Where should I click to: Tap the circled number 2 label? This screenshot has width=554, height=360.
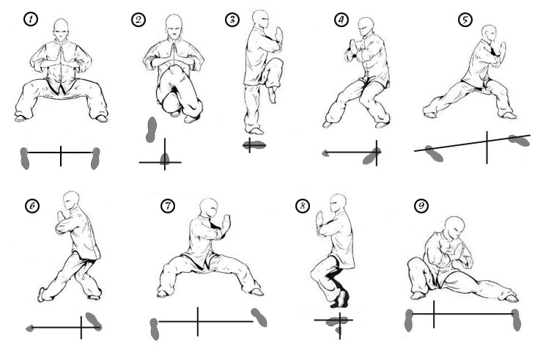click(139, 20)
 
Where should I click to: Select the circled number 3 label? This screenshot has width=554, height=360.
click(232, 20)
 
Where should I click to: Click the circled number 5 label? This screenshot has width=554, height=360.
click(465, 20)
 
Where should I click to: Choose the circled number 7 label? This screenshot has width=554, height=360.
click(168, 206)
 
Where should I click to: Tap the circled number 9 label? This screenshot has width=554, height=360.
click(421, 206)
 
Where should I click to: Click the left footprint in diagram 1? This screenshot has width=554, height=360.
click(26, 158)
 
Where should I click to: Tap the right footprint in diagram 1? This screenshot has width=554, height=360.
click(95, 158)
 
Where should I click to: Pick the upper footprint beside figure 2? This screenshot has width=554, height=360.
click(152, 128)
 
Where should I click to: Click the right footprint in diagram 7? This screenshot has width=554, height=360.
click(259, 317)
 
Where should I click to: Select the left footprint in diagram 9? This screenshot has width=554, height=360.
click(410, 320)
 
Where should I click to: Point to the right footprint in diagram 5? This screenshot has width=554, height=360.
click(519, 139)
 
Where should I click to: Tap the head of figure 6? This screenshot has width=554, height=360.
click(71, 201)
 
